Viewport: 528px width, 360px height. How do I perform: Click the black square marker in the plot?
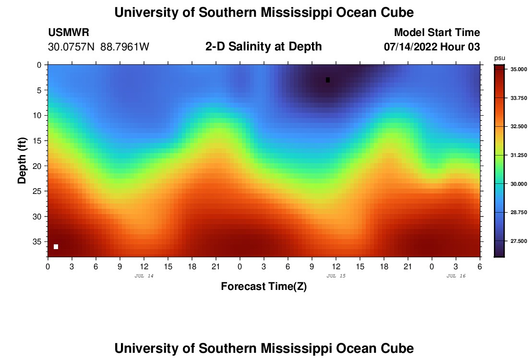point(328,80)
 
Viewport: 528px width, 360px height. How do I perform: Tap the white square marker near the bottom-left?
point(56,247)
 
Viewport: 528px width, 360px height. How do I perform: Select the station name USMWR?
point(69,33)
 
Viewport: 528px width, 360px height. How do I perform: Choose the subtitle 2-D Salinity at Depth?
point(264,47)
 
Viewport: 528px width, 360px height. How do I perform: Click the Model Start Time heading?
point(437,33)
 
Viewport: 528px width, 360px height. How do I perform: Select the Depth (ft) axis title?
point(22,160)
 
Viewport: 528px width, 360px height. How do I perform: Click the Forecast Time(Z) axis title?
point(264,287)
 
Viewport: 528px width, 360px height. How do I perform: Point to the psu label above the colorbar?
point(499,58)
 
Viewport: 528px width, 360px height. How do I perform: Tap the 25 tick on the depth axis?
point(38,191)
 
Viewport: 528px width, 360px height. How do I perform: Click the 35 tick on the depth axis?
point(38,241)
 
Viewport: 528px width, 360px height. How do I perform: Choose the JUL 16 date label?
point(456,276)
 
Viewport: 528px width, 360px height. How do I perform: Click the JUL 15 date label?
point(336,276)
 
